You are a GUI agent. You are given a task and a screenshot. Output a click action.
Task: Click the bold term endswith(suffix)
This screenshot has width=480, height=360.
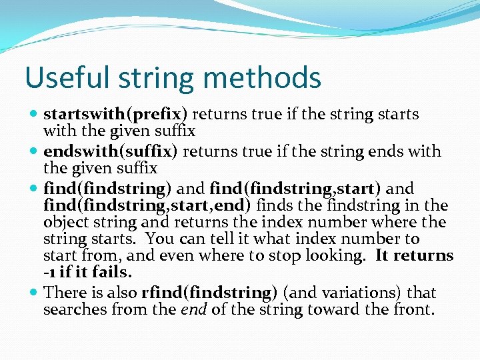tap(110, 151)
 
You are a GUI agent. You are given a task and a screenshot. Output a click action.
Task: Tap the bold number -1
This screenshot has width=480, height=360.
tap(51, 273)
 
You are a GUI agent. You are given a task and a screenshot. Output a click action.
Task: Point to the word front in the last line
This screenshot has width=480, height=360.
tap(414, 310)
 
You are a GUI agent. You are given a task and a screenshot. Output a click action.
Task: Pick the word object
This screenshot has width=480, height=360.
tap(63, 223)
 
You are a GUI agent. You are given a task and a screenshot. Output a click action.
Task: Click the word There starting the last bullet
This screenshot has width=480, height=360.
tap(62, 292)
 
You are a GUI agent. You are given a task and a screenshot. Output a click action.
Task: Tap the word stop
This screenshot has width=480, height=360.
tap(293, 255)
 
